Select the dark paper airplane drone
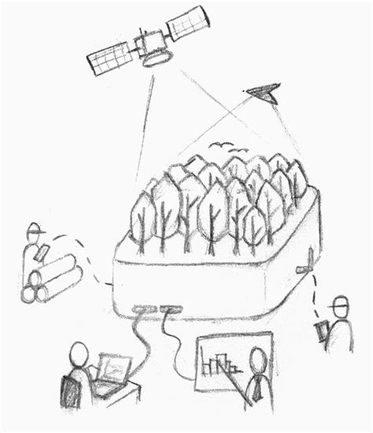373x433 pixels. point(264,94)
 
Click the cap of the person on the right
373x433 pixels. point(340,302)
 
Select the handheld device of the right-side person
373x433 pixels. point(321,330)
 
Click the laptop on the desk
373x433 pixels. point(113,369)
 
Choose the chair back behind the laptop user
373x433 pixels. point(69,393)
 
